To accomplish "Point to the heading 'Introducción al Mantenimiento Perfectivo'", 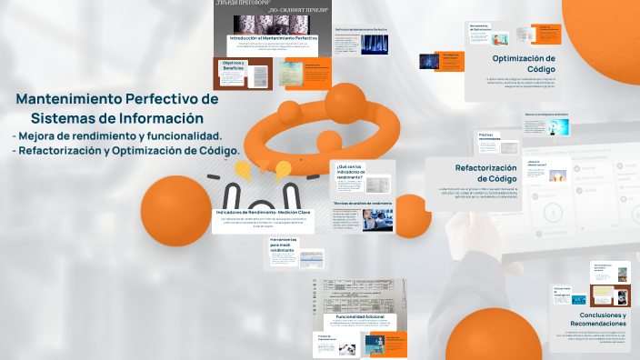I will point(274,37).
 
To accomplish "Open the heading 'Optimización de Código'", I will point(524,63).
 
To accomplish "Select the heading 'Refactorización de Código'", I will point(485,173).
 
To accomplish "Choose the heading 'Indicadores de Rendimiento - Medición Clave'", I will point(263,212).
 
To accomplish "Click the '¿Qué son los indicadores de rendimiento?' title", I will point(351,171).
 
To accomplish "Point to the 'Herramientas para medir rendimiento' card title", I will point(283,245).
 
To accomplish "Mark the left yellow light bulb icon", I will point(243,169).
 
